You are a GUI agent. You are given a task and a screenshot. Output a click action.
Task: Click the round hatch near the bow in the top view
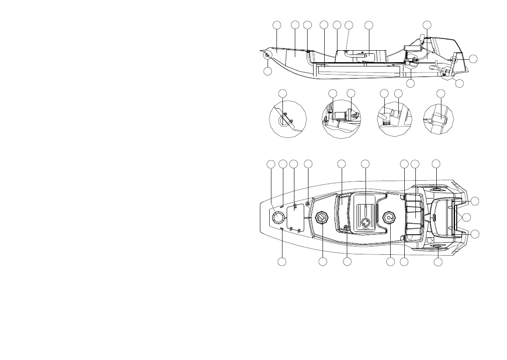tap(277, 218)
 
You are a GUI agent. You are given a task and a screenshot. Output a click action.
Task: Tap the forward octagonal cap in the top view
tap(322, 218)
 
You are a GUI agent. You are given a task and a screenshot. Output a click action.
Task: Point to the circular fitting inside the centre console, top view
tap(365, 222)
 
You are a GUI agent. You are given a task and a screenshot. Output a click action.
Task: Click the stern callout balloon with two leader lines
tap(467, 217)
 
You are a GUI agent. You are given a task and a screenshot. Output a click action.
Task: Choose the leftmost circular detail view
tap(288, 118)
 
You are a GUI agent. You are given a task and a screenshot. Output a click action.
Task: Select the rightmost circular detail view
tap(438, 119)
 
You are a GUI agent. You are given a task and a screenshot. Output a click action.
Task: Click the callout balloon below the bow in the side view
tap(267, 71)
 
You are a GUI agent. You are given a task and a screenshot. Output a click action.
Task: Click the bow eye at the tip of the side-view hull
tap(267, 55)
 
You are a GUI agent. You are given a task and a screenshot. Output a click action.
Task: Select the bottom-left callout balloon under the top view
tap(282, 261)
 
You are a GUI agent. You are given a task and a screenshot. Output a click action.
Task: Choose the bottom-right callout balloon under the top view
tap(438, 261)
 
